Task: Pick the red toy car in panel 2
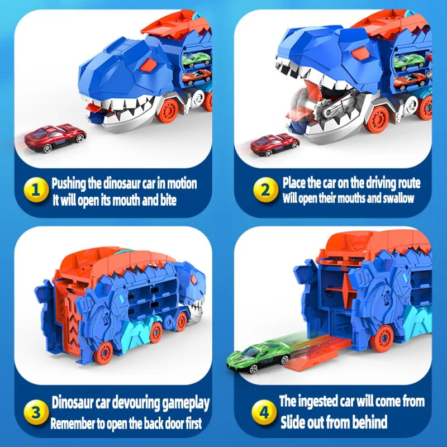[x=274, y=144]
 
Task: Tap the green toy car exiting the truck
[x=259, y=356]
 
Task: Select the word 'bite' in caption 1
[x=165, y=200]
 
